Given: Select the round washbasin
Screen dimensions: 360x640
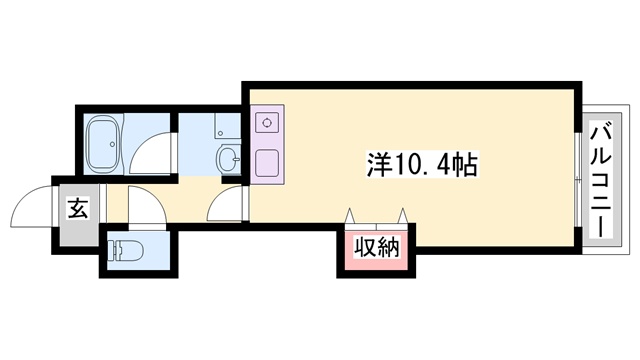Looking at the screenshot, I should pos(228,157).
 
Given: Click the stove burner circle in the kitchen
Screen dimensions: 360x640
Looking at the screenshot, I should pos(267,124).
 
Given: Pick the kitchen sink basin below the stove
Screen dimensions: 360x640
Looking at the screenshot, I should pos(267,163).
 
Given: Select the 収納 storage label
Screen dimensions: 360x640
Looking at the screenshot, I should pos(376,247).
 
